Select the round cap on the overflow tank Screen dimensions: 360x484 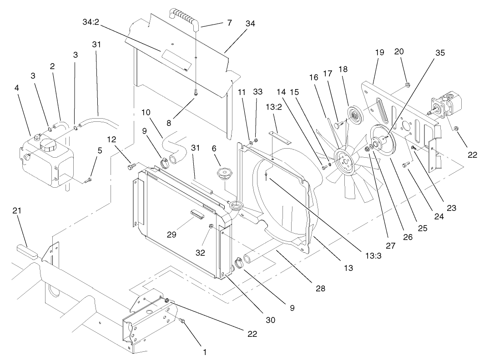point(48,145)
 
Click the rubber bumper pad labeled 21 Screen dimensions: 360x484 point(27,251)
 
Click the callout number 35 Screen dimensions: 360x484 point(440,52)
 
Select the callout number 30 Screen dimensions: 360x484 point(270,320)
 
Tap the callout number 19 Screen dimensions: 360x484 point(379,52)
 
